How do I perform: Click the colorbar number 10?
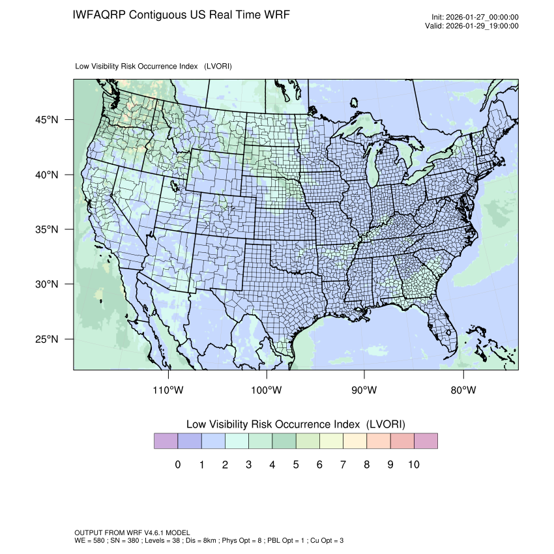tap(413, 465)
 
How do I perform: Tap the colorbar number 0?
tap(177, 465)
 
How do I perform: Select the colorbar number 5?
tap(295, 465)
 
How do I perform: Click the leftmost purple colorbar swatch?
tap(166, 441)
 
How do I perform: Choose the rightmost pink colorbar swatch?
tap(425, 441)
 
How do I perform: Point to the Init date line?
tap(475, 18)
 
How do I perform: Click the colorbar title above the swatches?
tap(295, 424)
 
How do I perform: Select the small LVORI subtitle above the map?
tap(154, 66)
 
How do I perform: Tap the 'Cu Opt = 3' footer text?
tap(325, 540)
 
